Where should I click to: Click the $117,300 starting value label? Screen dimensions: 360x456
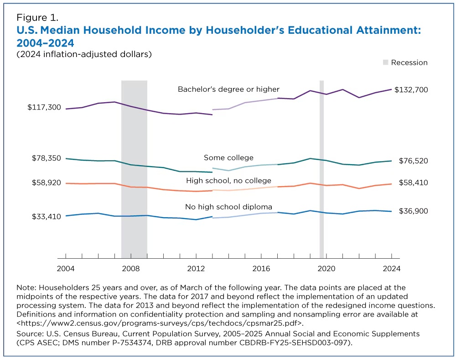tap(44, 107)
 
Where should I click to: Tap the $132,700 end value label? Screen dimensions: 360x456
tap(411, 89)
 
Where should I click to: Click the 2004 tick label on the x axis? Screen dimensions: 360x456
tap(65, 269)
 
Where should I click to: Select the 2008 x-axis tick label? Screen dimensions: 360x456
tap(130, 269)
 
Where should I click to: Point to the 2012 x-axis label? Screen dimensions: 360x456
tap(196, 269)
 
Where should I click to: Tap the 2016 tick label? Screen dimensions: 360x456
tap(261, 269)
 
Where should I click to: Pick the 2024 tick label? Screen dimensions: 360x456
tap(391, 269)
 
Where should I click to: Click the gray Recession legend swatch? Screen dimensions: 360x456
tap(385, 63)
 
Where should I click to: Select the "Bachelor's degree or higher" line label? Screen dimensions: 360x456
tap(228, 89)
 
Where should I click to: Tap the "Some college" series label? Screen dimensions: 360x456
tap(228, 158)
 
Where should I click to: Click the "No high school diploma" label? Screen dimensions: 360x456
tap(228, 207)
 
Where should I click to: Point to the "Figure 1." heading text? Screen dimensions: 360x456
tap(37, 18)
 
